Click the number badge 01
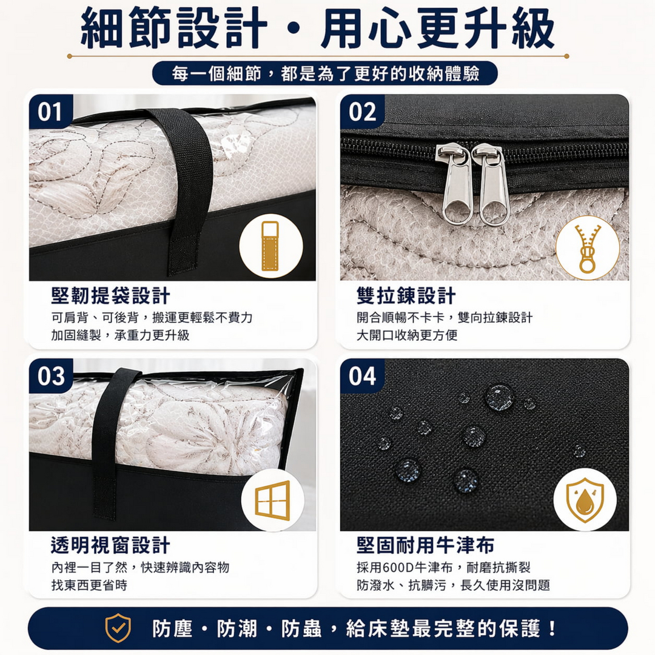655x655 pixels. tap(50, 112)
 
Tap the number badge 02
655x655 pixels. tap(362, 112)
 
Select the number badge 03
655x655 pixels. tap(51, 376)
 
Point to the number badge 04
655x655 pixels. tap(362, 376)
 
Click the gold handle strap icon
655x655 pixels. tap(270, 246)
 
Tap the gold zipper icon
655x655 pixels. tap(587, 247)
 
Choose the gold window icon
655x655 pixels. tap(272, 500)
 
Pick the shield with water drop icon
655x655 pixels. tap(585, 500)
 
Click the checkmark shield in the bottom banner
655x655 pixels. tap(118, 628)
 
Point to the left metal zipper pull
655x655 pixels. tap(454, 185)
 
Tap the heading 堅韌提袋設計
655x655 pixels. tap(110, 296)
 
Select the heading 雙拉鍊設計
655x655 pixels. tap(406, 296)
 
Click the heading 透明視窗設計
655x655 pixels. tap(110, 545)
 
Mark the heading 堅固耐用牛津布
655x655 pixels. tap(425, 545)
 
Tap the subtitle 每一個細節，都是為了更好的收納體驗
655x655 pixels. tap(325, 73)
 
